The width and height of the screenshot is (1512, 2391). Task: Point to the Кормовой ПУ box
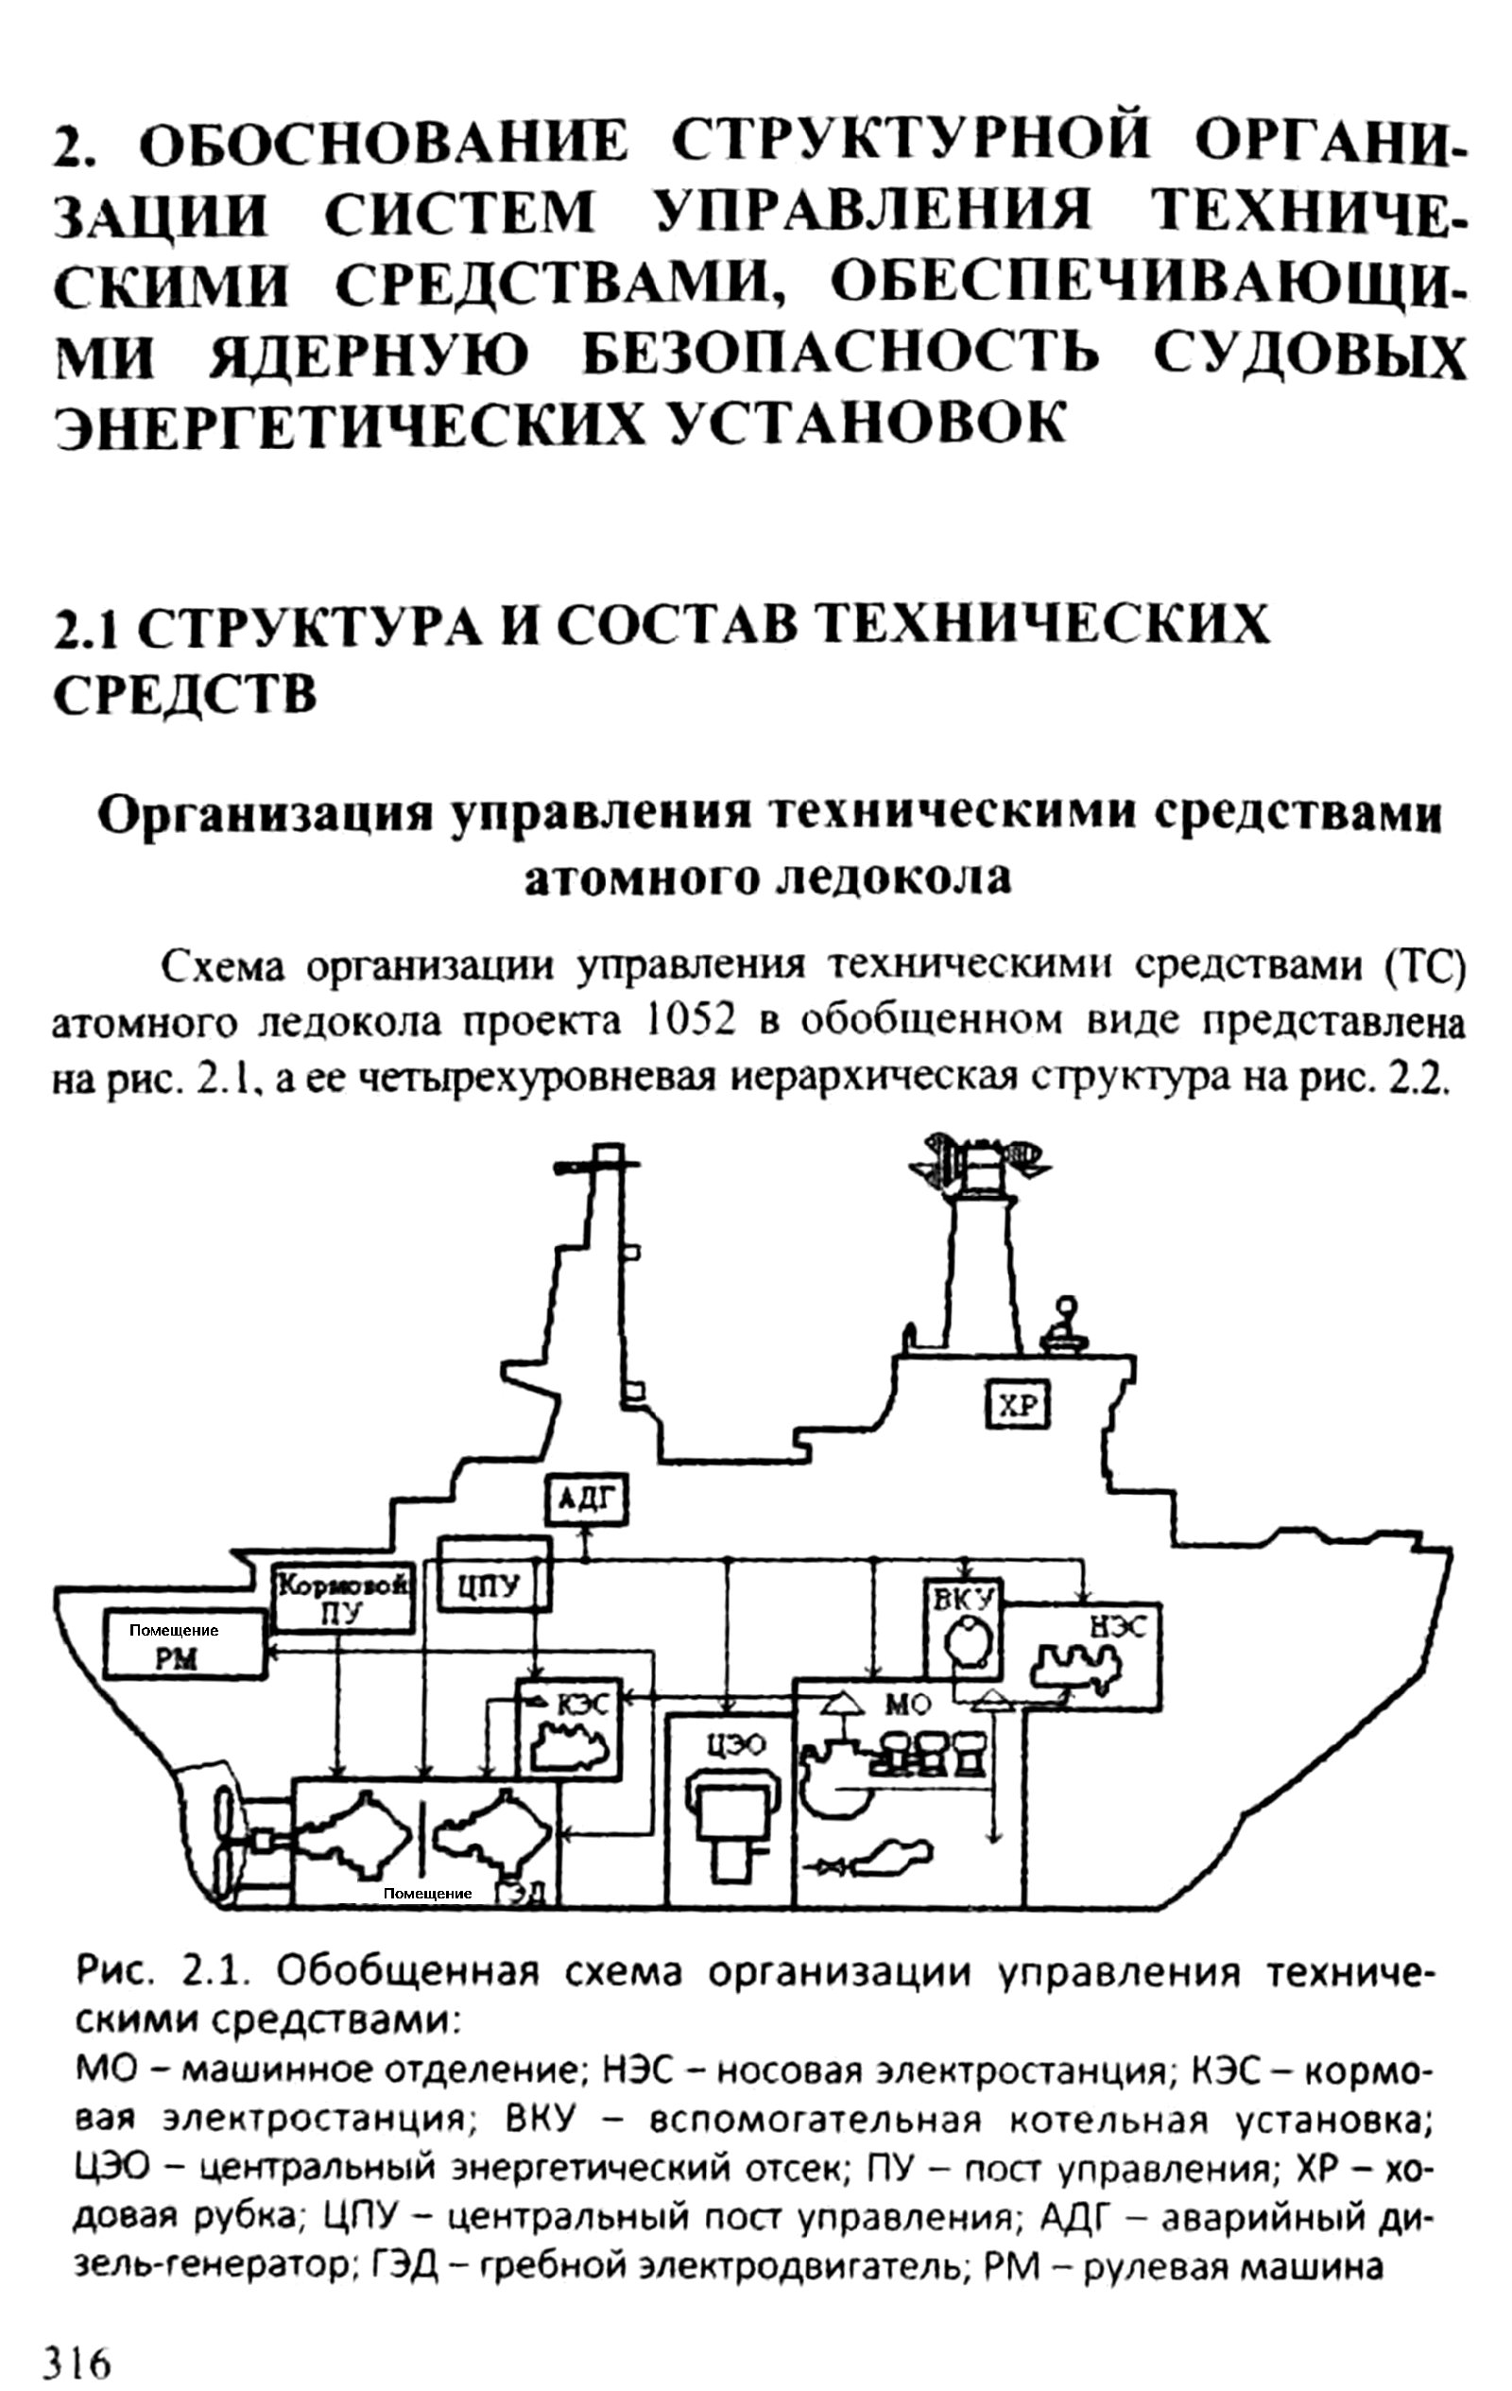[x=342, y=1598]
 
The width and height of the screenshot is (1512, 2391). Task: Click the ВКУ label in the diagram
[x=964, y=1598]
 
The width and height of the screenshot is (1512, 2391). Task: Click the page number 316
[x=76, y=2356]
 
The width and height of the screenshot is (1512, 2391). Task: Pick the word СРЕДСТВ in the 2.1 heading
[x=185, y=694]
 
